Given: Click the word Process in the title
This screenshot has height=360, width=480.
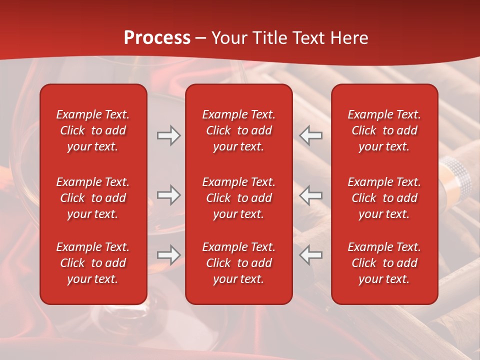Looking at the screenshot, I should point(157,38).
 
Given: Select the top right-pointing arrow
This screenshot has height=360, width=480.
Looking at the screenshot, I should point(168,135).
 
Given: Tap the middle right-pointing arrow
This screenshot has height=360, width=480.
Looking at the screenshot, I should point(168,195).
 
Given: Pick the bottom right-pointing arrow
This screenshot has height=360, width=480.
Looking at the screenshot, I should point(168,255).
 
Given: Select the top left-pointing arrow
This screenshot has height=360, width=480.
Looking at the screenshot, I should point(311,135).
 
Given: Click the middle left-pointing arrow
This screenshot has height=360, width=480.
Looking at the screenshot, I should point(311,195).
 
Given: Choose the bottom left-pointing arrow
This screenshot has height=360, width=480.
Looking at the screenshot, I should point(311,255).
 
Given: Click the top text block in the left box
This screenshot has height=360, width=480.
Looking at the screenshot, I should point(93,130).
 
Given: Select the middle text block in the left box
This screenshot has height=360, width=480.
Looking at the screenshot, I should point(93,198).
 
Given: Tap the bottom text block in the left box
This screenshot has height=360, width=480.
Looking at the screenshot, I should point(93,263).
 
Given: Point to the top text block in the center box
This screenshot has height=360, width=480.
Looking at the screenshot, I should point(238,130).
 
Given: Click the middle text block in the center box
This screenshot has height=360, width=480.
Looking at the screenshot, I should point(238,198).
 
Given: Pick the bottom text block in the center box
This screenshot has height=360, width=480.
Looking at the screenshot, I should point(238,263).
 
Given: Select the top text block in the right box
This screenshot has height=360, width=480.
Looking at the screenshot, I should point(384,130).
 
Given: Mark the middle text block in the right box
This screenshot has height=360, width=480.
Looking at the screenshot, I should point(384,198).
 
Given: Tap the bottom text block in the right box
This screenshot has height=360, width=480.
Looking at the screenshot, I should point(384,263).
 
